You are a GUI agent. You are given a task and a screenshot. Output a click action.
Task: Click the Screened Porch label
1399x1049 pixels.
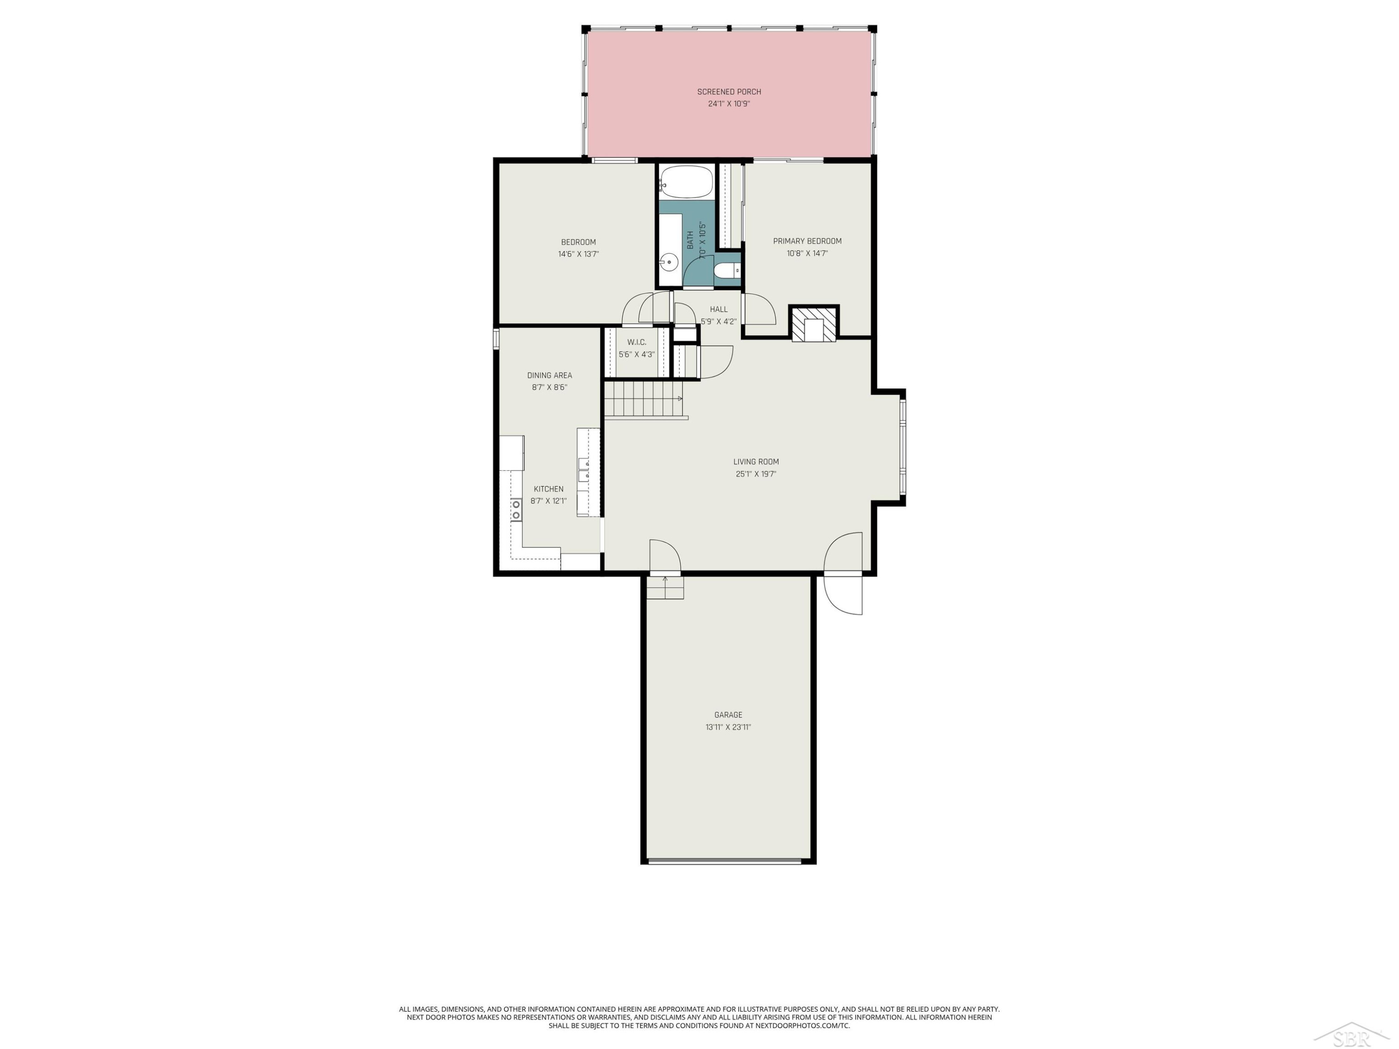point(729,92)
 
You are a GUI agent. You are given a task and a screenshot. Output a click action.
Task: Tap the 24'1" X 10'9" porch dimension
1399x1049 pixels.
point(729,104)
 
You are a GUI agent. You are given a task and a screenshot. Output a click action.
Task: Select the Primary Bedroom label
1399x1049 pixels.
point(807,241)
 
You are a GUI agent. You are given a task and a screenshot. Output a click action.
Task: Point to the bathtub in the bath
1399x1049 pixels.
point(686,181)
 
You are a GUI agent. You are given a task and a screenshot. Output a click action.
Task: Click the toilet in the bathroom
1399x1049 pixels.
point(727,270)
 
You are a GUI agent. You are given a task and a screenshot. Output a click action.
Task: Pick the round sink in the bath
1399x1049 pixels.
point(669,261)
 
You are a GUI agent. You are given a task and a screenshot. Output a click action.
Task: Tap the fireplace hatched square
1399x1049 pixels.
point(814,323)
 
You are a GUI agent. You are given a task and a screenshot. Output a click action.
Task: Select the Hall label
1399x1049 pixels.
point(719,309)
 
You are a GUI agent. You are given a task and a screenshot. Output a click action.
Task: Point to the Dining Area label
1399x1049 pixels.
point(550,375)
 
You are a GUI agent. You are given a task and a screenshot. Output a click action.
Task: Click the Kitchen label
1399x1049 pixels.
point(548,489)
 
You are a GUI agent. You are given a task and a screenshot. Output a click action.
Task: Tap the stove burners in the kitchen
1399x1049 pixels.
point(517,510)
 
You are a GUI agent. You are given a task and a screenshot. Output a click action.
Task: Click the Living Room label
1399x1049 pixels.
point(756,462)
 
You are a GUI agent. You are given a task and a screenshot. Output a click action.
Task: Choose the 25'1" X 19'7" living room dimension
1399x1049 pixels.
point(756,474)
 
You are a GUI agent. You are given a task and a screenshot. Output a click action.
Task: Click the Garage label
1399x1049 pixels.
point(728,715)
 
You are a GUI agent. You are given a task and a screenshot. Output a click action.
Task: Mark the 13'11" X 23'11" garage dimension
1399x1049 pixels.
point(728,727)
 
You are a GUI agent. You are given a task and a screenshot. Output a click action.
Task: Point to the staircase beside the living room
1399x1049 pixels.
point(645,400)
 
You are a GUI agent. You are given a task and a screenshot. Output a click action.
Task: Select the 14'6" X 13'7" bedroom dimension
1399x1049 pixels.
point(578,254)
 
